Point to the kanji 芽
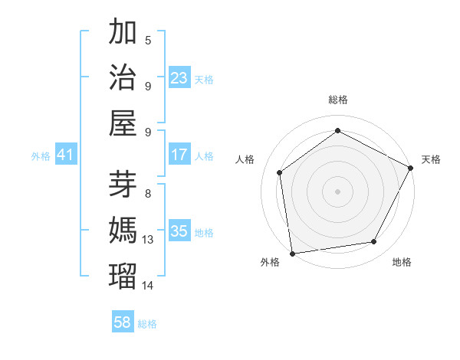point(123,183)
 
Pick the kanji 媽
point(123,229)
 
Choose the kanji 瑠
point(123,274)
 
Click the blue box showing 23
point(179,78)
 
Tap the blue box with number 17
point(179,155)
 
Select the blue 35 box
point(179,232)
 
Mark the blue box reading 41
point(66,155)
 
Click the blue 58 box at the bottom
point(123,322)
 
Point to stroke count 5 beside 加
point(148,41)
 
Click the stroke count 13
point(148,240)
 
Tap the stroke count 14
point(148,285)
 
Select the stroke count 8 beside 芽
point(148,194)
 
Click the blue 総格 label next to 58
point(147,323)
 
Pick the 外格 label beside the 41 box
point(41,156)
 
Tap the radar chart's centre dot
point(337,190)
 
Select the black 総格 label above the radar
point(337,100)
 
